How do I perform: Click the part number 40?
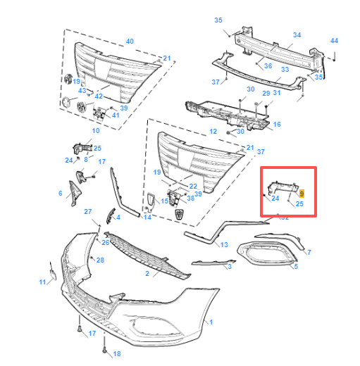[129, 41]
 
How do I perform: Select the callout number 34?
[297, 34]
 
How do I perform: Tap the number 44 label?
[334, 41]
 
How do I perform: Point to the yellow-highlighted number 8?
[302, 193]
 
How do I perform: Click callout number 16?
[277, 124]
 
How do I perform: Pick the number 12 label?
[213, 132]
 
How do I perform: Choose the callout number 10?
[96, 131]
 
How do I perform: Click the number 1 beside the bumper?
[211, 322]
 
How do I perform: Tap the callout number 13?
[224, 244]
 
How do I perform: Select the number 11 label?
[42, 282]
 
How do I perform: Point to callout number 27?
[88, 211]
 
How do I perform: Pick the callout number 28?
[100, 260]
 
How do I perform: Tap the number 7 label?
[308, 252]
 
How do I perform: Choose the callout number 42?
[99, 96]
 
